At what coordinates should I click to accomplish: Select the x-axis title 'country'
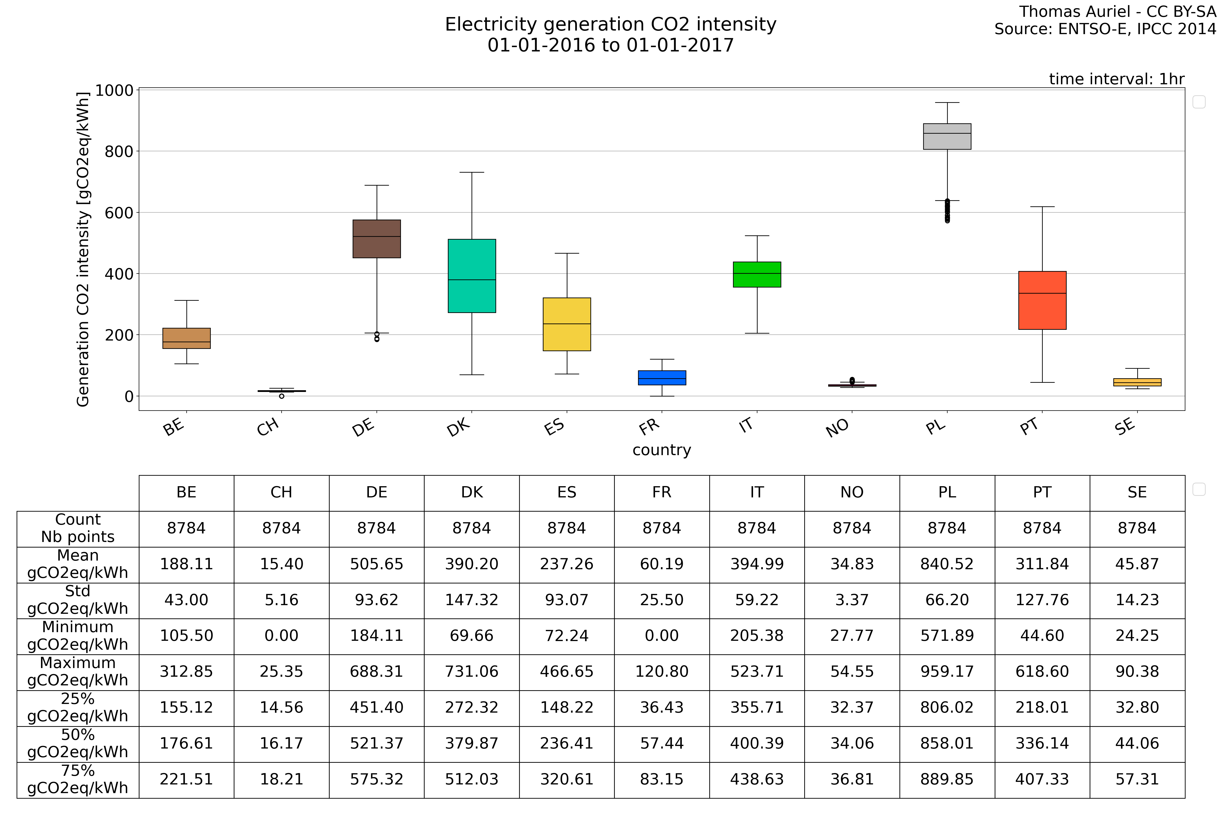(x=661, y=450)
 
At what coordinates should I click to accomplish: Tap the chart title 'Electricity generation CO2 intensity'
(x=610, y=24)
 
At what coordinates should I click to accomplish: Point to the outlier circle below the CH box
(x=282, y=396)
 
